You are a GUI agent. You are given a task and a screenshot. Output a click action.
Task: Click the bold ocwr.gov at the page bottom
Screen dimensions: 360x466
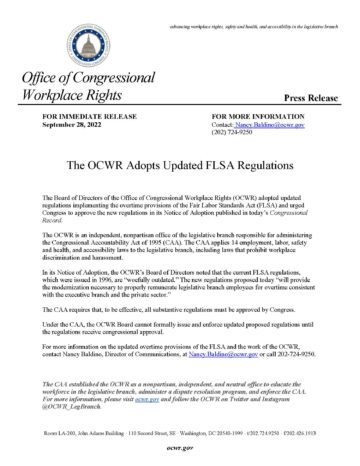click(x=180, y=446)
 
